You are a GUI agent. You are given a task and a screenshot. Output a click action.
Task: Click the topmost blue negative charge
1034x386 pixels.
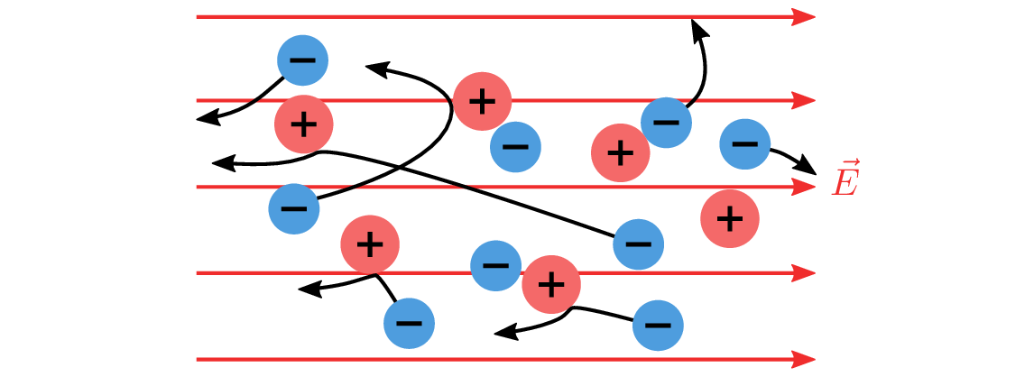point(302,60)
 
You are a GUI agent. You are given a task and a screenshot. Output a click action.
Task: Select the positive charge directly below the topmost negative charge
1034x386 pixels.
point(304,124)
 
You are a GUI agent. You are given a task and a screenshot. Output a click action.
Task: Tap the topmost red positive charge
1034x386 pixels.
point(483,101)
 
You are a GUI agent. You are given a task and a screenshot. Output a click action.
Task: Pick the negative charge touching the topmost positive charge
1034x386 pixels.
point(515,147)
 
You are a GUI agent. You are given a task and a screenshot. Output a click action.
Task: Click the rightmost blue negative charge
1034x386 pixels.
point(745,143)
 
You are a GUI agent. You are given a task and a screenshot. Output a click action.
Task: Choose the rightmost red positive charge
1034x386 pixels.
point(730,218)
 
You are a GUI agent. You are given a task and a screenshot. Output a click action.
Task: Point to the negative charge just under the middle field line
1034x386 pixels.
point(294,209)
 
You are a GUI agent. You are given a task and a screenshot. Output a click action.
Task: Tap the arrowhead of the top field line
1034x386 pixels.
point(804,17)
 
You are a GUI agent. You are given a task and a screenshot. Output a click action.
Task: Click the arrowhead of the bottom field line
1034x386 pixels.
point(804,360)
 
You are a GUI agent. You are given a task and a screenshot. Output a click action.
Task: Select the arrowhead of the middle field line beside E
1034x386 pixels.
point(804,187)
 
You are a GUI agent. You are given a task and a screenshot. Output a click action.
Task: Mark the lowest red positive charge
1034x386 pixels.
point(551,284)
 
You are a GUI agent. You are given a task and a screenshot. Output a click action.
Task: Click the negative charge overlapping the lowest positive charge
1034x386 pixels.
point(495,265)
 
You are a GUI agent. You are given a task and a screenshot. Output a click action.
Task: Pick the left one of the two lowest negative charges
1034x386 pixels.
point(409,323)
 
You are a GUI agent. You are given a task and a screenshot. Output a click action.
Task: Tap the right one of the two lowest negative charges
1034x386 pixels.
point(658,326)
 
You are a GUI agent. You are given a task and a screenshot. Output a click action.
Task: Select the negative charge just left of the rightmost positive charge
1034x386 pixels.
point(639,244)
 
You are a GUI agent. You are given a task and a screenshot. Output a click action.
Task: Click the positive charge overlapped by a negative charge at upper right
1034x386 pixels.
point(621,153)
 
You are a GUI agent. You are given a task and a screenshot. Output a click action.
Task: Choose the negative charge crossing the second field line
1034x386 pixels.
point(667,123)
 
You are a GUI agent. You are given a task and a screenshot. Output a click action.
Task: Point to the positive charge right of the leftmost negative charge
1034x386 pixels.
point(370,244)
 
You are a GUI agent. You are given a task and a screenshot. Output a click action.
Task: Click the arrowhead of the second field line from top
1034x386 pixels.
point(804,100)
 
